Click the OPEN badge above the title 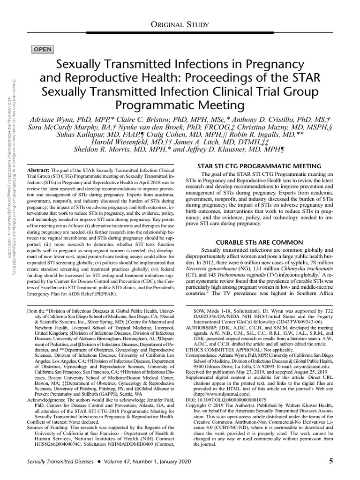tap(43, 49)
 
